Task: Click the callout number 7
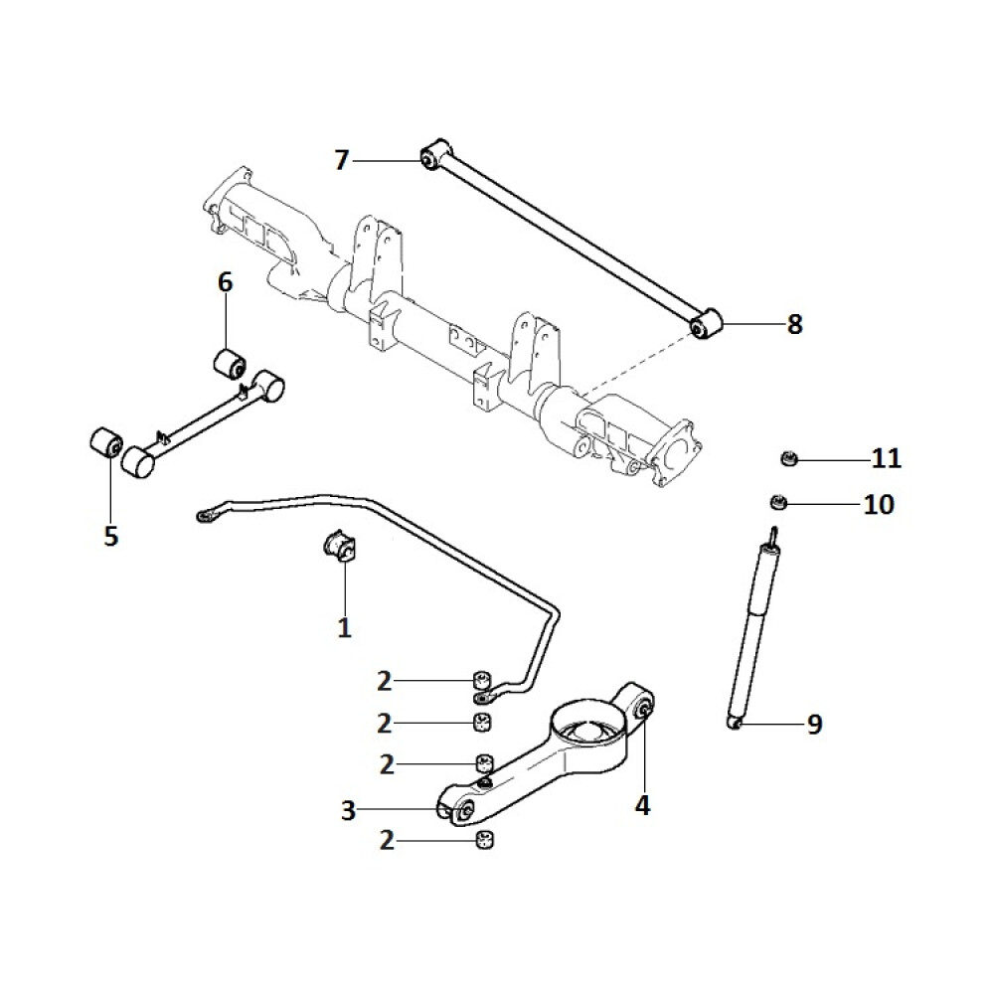point(342,160)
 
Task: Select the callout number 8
point(794,325)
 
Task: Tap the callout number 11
point(886,459)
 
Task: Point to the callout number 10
point(879,505)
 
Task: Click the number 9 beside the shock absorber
point(814,725)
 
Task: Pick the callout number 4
point(642,804)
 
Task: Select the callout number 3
point(348,811)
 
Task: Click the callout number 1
point(344,628)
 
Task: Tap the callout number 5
point(110,537)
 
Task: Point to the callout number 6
point(226,283)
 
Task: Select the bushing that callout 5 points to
point(105,442)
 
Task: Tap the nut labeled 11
point(787,458)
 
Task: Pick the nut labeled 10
point(780,501)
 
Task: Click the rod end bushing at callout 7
point(430,157)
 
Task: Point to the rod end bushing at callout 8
point(705,325)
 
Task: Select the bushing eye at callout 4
point(642,708)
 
